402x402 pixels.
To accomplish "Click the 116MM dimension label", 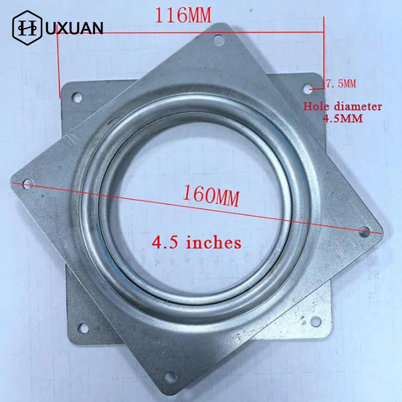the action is coord(183,16).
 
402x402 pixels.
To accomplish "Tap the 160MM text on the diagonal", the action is coord(211,196).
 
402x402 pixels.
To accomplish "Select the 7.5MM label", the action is coord(341,83).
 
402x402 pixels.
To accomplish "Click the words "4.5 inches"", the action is coord(196,243).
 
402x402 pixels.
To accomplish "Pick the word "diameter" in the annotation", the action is coord(357,107).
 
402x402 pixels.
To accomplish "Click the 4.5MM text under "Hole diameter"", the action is coord(343,119).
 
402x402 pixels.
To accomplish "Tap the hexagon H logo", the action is coord(27,28).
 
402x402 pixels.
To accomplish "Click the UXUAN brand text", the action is coord(74,28).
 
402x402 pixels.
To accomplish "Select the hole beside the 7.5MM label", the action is coord(308,89).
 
